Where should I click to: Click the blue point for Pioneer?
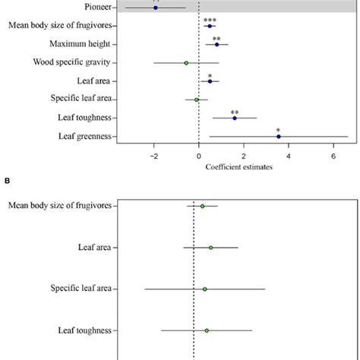pyautogui.click(x=156, y=8)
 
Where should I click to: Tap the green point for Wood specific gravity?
pyautogui.click(x=186, y=63)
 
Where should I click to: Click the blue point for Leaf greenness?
pyautogui.click(x=279, y=137)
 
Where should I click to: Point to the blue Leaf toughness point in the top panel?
pyautogui.click(x=235, y=118)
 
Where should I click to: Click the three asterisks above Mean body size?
pyautogui.click(x=210, y=18)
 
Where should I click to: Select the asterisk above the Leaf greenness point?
pyautogui.click(x=279, y=130)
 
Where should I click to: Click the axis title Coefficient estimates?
pyautogui.click(x=240, y=168)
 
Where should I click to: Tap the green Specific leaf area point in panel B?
pyautogui.click(x=205, y=289)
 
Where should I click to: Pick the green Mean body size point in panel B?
pyautogui.click(x=203, y=206)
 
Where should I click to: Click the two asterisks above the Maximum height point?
pyautogui.click(x=216, y=37)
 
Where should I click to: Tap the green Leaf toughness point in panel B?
pyautogui.click(x=207, y=330)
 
